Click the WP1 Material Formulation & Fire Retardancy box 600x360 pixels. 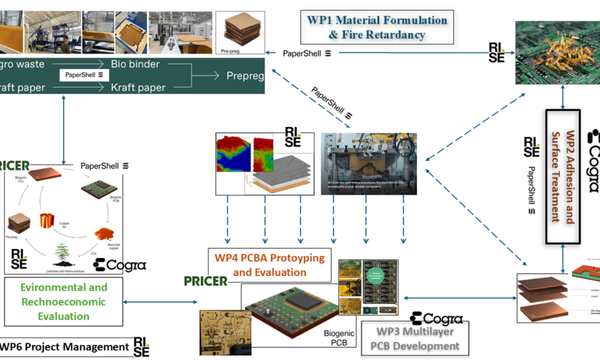point(377,27)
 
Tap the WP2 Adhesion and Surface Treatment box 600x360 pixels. point(562,176)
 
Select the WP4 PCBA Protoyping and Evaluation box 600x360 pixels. point(269,265)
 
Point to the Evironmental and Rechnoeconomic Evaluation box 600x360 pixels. point(64,302)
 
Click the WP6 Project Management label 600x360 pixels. point(65,347)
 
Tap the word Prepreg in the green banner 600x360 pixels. point(245,76)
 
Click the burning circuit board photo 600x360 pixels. point(557,52)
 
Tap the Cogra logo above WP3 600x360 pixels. point(436,319)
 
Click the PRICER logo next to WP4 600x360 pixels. point(206,281)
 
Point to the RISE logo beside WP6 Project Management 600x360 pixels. point(142,347)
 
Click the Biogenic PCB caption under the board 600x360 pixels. point(340,338)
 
